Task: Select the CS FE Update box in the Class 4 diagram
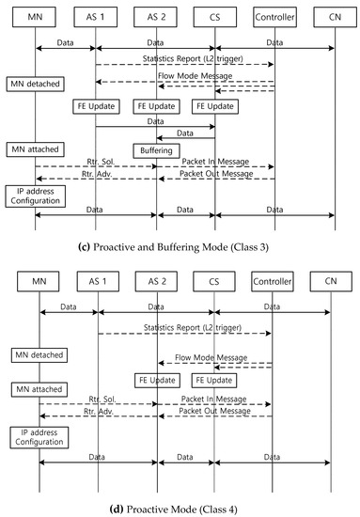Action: point(214,381)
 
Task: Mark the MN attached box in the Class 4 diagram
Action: point(39,388)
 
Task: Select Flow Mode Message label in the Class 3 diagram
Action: point(213,77)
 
